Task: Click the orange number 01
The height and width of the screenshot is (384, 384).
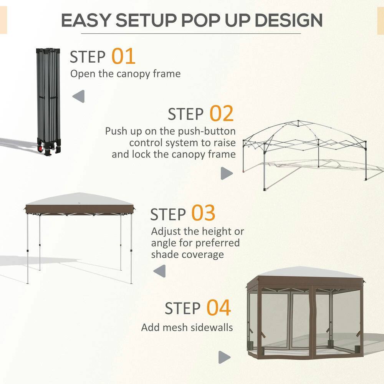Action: pyautogui.click(x=124, y=56)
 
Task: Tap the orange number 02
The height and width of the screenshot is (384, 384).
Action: pyautogui.click(x=222, y=113)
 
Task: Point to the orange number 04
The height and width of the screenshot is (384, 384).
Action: pyautogui.click(x=219, y=308)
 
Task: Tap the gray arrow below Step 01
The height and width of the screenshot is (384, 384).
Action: pyautogui.click(x=79, y=96)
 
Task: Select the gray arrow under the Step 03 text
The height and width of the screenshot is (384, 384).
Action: pyautogui.click(x=159, y=271)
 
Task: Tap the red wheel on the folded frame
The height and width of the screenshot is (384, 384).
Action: pyautogui.click(x=40, y=147)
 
